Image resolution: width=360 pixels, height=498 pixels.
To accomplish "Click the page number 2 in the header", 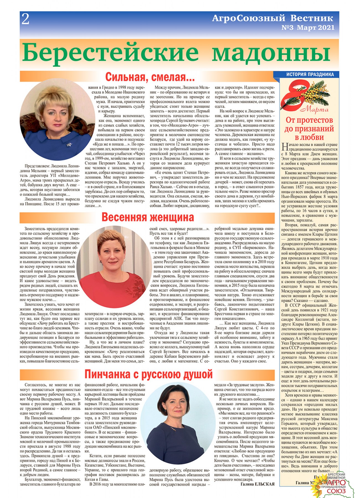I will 25,19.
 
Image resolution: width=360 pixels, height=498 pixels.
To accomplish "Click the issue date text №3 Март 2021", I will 308,28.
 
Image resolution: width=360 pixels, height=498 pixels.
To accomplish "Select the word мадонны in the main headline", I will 271,53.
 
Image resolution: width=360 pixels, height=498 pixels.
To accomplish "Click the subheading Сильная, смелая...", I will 150,77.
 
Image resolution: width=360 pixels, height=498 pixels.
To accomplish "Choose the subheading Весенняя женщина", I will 148,217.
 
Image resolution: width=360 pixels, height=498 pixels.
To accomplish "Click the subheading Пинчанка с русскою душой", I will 148,374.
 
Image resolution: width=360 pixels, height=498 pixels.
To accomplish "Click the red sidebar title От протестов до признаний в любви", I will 309,129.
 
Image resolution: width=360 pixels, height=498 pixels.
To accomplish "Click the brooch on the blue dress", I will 69,144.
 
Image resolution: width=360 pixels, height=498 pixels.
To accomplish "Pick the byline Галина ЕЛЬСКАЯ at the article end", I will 258,484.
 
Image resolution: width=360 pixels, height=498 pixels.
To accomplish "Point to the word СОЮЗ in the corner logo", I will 336,491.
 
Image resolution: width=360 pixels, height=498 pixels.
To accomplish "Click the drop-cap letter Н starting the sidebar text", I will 284,147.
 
